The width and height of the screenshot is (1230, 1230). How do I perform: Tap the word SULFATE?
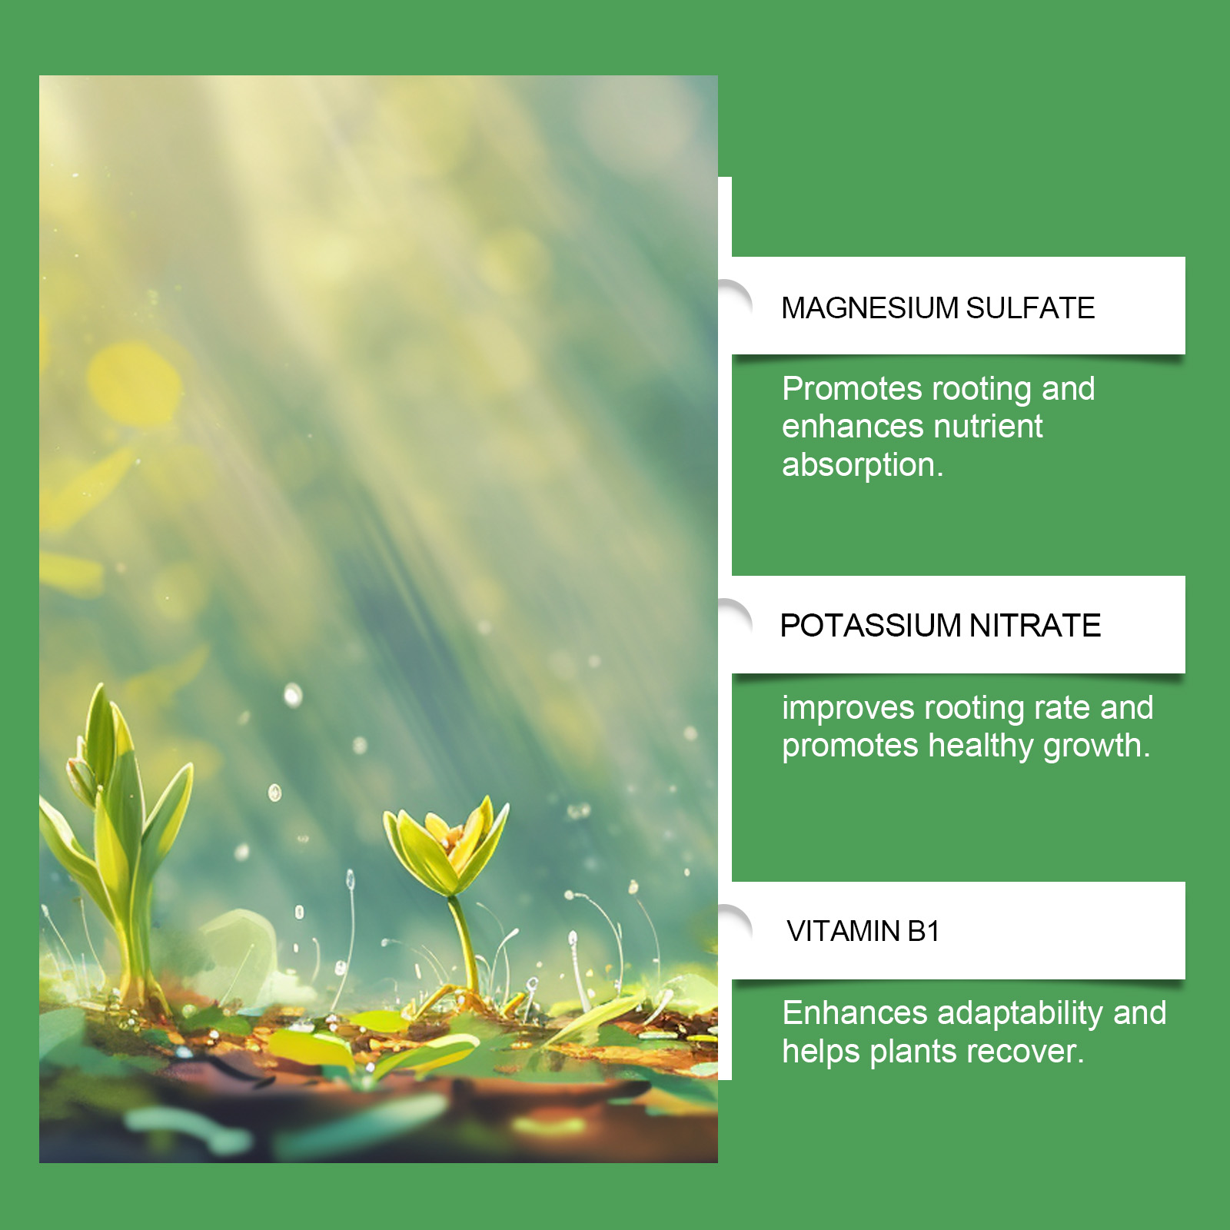click(x=1030, y=308)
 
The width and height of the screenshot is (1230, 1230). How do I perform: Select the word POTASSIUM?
click(x=870, y=626)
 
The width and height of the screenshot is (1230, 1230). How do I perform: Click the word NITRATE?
click(x=1035, y=626)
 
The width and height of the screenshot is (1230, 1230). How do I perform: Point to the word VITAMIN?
click(x=843, y=932)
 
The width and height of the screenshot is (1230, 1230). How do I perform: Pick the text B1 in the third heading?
click(x=923, y=932)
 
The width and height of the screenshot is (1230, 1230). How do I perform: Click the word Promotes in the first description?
click(x=852, y=389)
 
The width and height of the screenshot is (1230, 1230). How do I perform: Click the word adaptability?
click(x=1020, y=1014)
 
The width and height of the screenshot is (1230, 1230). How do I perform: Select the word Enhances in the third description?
click(x=855, y=1013)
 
